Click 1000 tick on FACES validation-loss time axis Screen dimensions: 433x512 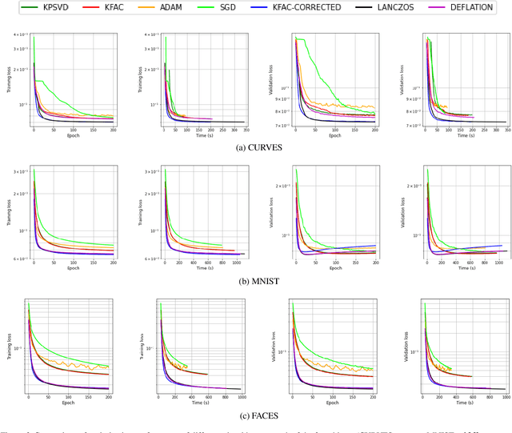(503, 397)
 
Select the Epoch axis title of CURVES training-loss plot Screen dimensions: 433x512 (74, 135)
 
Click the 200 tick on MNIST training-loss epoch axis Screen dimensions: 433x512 (113, 263)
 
